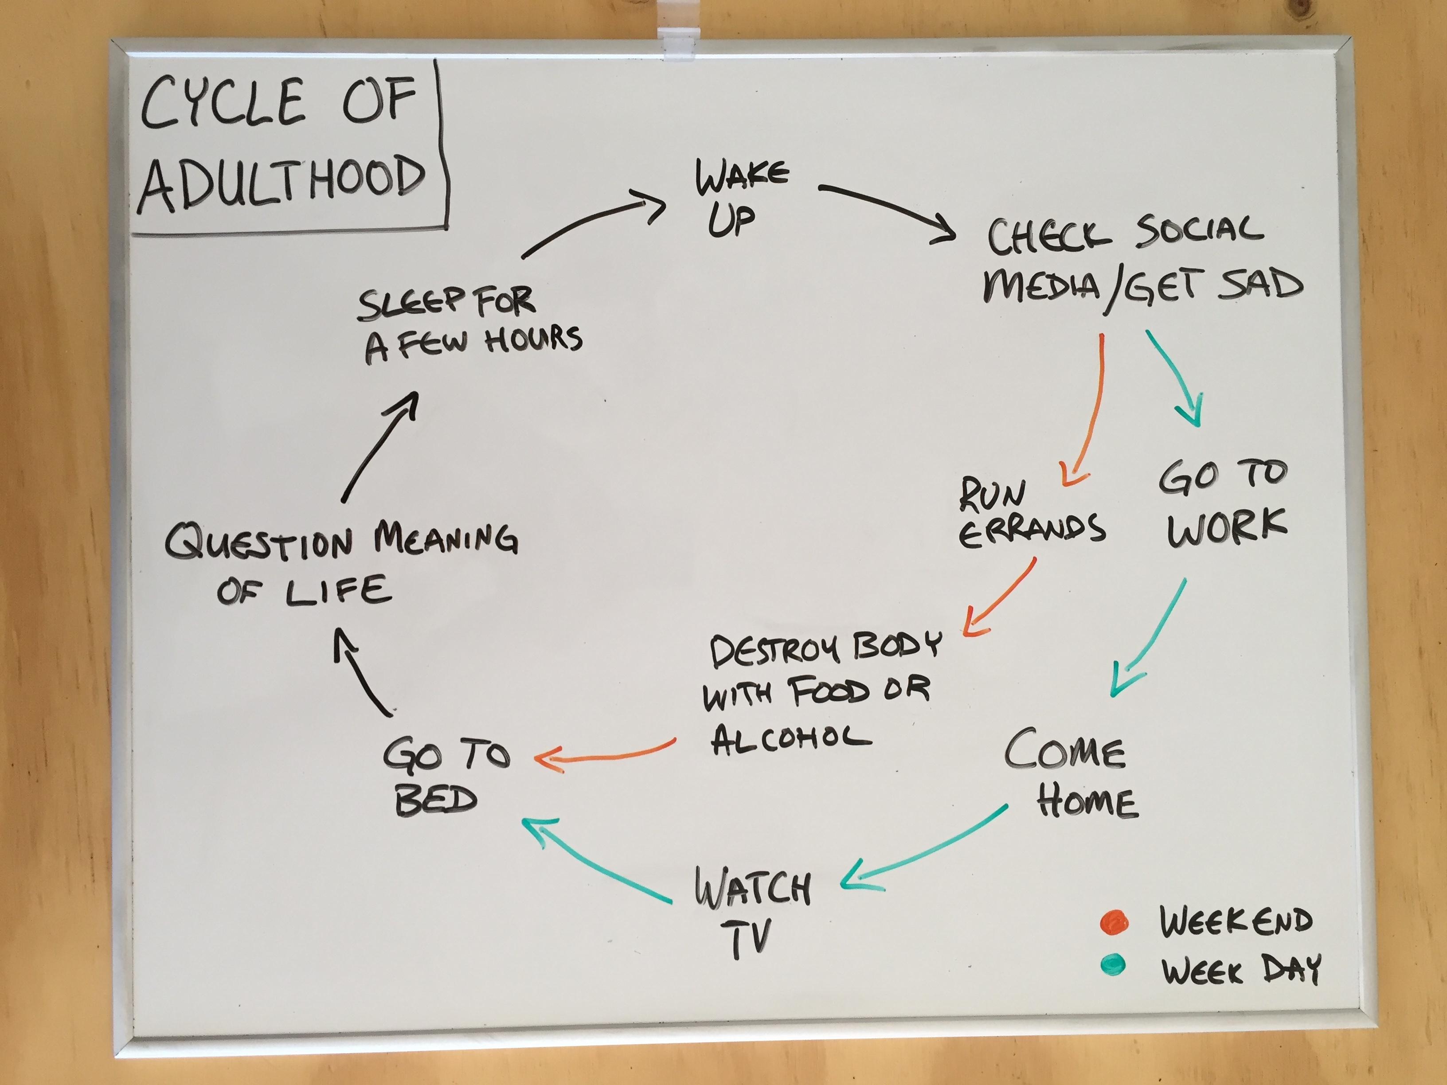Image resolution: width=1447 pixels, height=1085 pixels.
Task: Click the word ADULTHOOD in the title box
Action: click(282, 180)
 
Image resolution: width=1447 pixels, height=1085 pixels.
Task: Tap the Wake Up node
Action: click(739, 196)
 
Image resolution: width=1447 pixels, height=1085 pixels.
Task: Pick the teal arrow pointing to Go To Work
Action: click(1174, 379)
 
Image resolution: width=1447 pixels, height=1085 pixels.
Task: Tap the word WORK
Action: click(1227, 527)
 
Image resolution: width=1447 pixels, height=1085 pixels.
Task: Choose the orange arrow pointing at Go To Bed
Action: click(608, 755)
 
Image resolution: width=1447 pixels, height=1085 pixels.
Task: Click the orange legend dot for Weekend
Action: click(1114, 922)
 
